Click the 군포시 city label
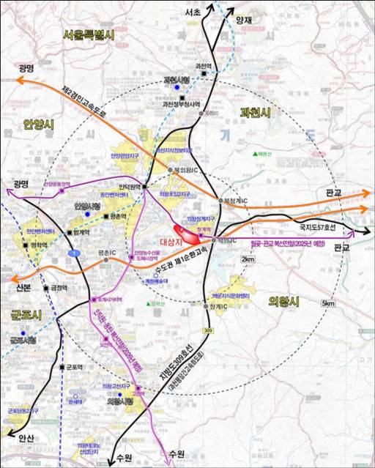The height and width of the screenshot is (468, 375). point(26,314)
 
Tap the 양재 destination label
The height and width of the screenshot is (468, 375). point(243,21)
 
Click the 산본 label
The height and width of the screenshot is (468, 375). point(23,289)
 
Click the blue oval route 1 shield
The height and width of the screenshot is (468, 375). point(73,253)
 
